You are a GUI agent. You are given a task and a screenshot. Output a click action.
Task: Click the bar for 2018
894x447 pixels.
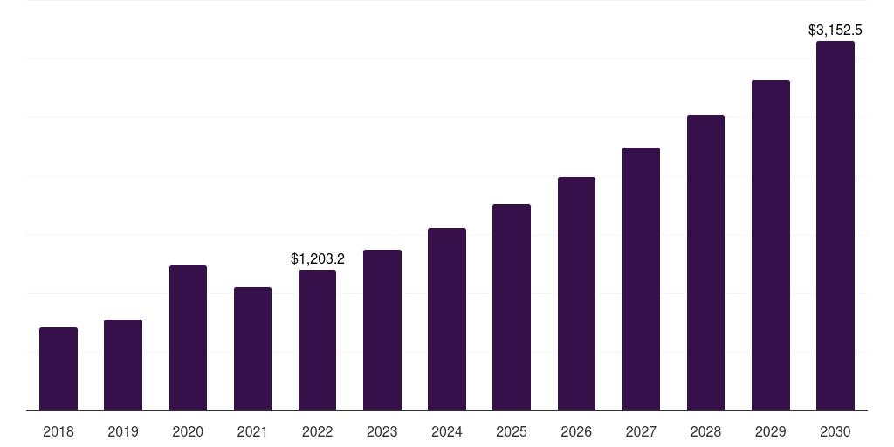coord(58,368)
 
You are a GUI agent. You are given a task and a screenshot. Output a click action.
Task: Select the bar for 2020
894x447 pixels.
coord(188,338)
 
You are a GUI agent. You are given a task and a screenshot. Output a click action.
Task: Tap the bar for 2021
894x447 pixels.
coord(252,348)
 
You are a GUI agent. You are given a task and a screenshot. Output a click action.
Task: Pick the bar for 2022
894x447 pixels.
coord(317,340)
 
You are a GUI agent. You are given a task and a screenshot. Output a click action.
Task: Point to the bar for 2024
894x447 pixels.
coord(447,319)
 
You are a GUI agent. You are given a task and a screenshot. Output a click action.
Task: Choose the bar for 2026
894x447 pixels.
coord(576,293)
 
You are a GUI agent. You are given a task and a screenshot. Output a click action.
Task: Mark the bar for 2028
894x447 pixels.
coord(705,263)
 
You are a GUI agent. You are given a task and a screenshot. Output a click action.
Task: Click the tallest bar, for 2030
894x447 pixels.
coord(836,225)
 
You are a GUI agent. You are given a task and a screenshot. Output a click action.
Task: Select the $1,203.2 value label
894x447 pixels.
coord(318,258)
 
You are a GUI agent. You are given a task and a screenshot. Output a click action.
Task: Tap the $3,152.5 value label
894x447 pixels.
coord(836,31)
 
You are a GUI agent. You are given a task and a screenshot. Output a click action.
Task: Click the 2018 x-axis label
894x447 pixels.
coord(58,431)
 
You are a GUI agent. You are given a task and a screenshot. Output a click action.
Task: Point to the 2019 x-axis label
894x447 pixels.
coord(123,431)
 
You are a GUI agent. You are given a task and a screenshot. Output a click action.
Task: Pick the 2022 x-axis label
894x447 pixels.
coord(317,431)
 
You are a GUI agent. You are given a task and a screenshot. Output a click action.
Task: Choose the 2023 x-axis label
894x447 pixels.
coord(382,431)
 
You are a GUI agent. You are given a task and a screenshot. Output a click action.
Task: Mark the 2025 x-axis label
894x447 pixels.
coord(512,431)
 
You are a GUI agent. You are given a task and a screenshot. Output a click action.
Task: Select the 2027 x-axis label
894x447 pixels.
coord(641,431)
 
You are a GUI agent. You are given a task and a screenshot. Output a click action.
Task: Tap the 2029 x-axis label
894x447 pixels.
coord(771,431)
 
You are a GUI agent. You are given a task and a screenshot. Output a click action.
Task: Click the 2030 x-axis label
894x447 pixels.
coord(836,431)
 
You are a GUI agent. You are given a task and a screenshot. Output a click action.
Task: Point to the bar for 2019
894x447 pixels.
coord(123,365)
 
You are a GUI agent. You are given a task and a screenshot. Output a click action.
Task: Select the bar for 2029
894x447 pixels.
coord(771,245)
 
